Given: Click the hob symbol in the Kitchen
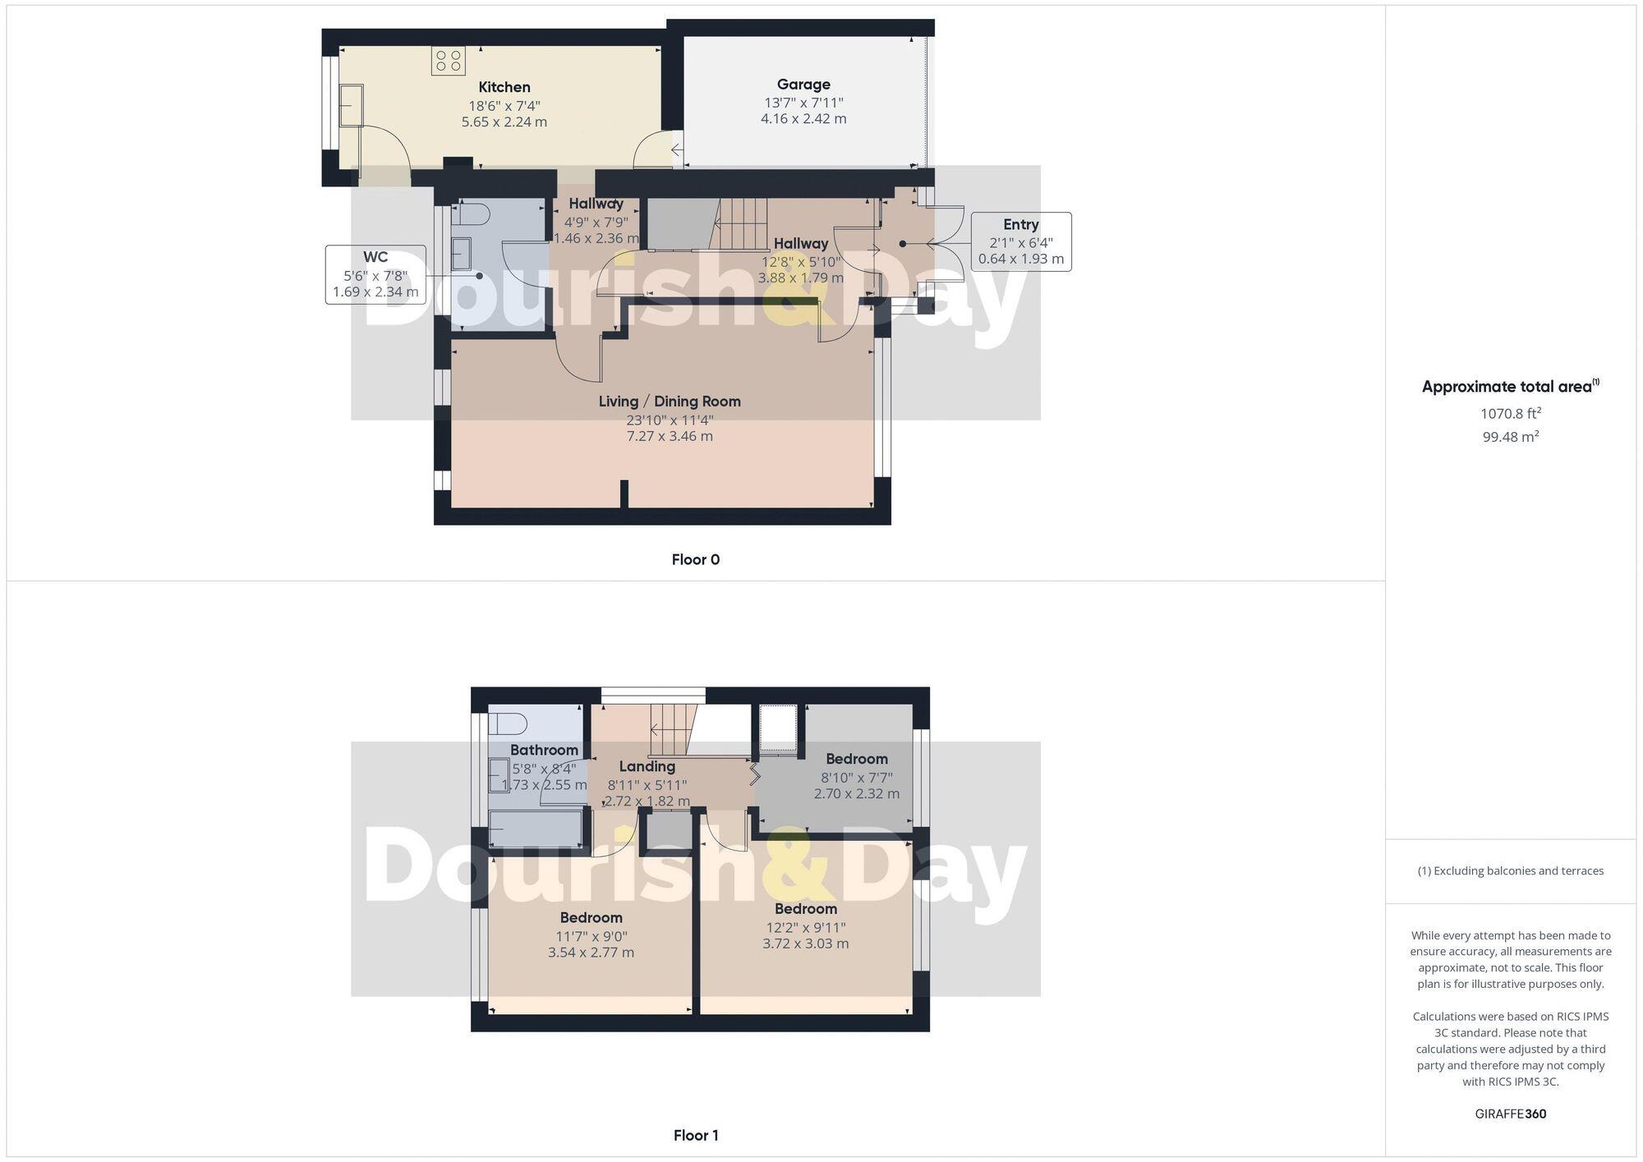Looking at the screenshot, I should (449, 61).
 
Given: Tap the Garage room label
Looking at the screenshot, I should (803, 85).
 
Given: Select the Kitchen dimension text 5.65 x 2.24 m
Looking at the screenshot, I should (504, 122).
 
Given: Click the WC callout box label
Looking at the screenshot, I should (375, 258).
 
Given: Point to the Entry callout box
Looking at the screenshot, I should (1020, 241).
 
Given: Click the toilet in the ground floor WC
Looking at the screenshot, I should (470, 215).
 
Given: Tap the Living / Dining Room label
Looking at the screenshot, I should (669, 402).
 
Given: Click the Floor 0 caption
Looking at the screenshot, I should (695, 560).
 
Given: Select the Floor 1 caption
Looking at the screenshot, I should (695, 1136).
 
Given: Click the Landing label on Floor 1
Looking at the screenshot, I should (647, 767).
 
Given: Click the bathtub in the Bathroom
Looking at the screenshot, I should (536, 829).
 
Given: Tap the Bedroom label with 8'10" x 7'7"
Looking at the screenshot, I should (856, 760).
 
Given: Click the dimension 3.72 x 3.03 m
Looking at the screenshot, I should (805, 944).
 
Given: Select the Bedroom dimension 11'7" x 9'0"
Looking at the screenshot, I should (591, 936).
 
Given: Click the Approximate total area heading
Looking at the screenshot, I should (1510, 387).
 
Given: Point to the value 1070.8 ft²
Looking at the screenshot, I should (1510, 414).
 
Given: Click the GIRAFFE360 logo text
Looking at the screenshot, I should (1510, 1114).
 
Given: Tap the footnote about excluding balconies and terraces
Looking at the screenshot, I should (1510, 871).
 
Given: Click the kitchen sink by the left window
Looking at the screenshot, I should (352, 105).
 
